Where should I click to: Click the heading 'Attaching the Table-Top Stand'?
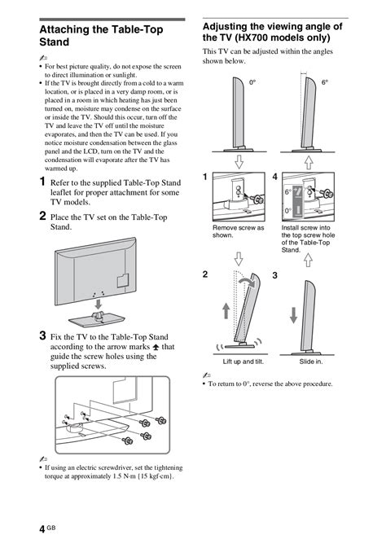click(102, 36)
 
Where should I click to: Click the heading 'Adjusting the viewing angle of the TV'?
click(273, 32)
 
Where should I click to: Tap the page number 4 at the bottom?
click(42, 529)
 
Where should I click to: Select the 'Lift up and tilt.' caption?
click(243, 362)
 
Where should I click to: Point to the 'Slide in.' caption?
click(311, 362)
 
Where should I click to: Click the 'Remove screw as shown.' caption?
click(239, 231)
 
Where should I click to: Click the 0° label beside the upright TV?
click(252, 83)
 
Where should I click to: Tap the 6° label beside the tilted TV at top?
click(325, 82)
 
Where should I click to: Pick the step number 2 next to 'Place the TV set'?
click(42, 216)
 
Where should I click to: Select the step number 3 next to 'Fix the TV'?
click(42, 335)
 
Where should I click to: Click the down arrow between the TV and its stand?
click(99, 304)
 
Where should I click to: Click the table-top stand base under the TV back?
click(96, 319)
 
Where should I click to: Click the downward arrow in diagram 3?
click(294, 315)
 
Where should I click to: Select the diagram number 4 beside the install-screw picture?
click(275, 177)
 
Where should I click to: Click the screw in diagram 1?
click(258, 199)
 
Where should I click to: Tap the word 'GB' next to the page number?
click(51, 528)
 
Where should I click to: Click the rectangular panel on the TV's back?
click(123, 280)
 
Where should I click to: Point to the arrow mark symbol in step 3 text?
click(156, 347)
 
